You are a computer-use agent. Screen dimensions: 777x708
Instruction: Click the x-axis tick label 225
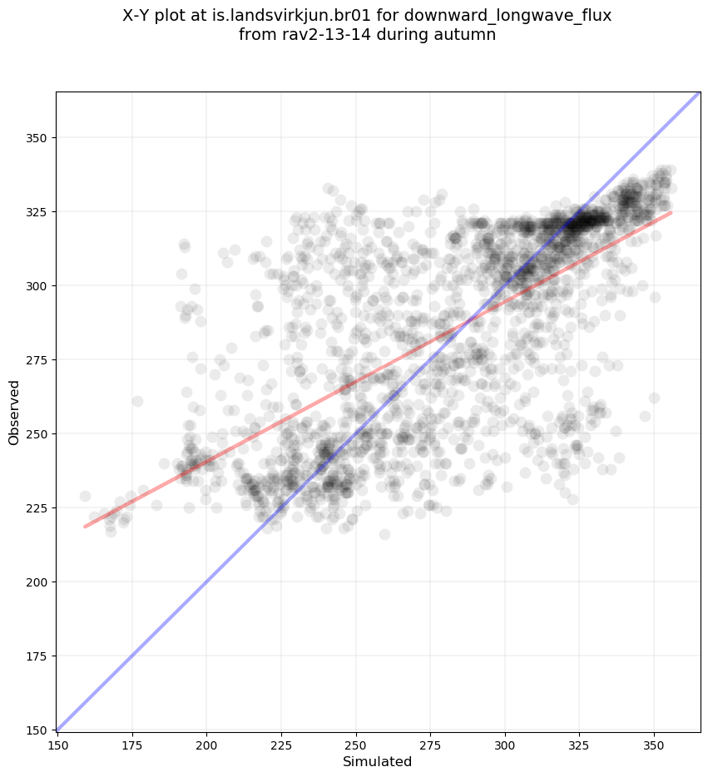[281, 745]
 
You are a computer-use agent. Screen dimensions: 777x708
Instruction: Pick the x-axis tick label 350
[654, 745]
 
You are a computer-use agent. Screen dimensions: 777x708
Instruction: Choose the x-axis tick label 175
[132, 745]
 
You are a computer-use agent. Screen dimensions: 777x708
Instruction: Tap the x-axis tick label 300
[505, 745]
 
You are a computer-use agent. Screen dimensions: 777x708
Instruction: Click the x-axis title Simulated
[379, 762]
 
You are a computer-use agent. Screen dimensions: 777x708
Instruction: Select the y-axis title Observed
[14, 413]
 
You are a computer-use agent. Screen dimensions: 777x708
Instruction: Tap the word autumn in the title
[468, 35]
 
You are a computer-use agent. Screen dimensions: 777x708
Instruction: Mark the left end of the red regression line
[85, 527]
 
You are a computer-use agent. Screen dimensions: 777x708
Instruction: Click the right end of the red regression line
[671, 213]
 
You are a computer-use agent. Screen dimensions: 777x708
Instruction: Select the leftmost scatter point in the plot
[85, 497]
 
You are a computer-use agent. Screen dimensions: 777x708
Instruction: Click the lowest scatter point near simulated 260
[384, 534]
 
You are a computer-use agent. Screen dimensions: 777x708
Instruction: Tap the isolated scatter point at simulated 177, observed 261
[137, 401]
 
